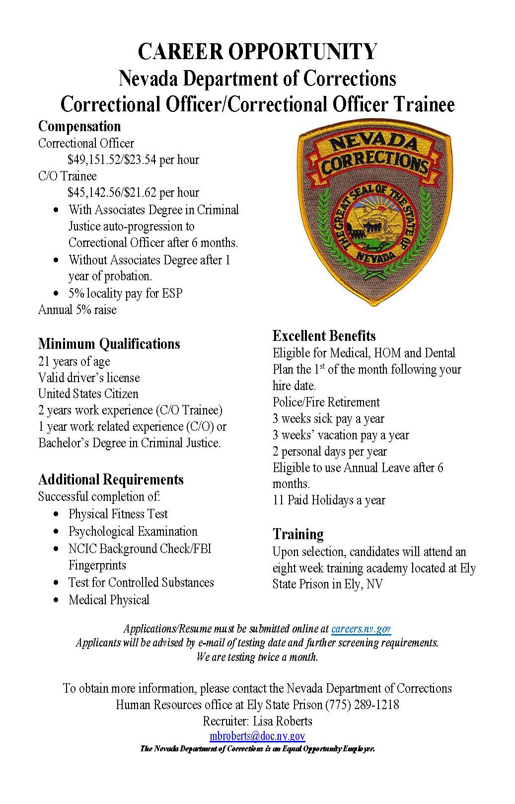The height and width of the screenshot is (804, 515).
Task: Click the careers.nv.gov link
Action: (361, 629)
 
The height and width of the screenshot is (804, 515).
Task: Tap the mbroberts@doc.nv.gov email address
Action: (257, 736)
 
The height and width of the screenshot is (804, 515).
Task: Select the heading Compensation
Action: (79, 126)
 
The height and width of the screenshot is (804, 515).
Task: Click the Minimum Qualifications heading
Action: (109, 344)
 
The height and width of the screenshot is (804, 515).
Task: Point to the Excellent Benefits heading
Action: (324, 335)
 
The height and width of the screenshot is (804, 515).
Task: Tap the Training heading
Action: (298, 534)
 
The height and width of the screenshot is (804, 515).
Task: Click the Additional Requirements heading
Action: (111, 480)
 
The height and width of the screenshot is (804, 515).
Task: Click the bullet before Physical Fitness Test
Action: (58, 514)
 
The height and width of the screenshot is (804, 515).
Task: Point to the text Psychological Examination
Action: (133, 531)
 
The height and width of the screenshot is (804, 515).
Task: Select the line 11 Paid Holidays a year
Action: (329, 500)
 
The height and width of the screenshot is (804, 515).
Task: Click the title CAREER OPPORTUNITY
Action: (257, 52)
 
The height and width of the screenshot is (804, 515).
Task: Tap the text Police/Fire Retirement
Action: (326, 402)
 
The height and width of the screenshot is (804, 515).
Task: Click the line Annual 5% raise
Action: (77, 310)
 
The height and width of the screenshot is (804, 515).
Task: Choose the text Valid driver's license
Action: (89, 378)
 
